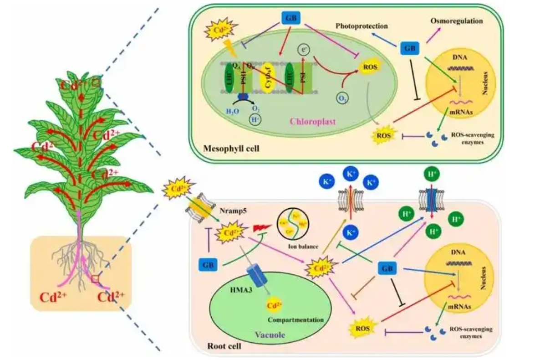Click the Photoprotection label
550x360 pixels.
pyautogui.click(x=362, y=26)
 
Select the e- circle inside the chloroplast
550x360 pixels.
pyautogui.click(x=303, y=49)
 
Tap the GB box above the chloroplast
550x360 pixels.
pyautogui.click(x=289, y=17)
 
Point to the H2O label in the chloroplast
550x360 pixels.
pyautogui.click(x=232, y=110)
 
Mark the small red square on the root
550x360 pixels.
pyautogui.click(x=95, y=279)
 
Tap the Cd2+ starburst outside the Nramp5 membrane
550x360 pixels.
pyautogui.click(x=178, y=189)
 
